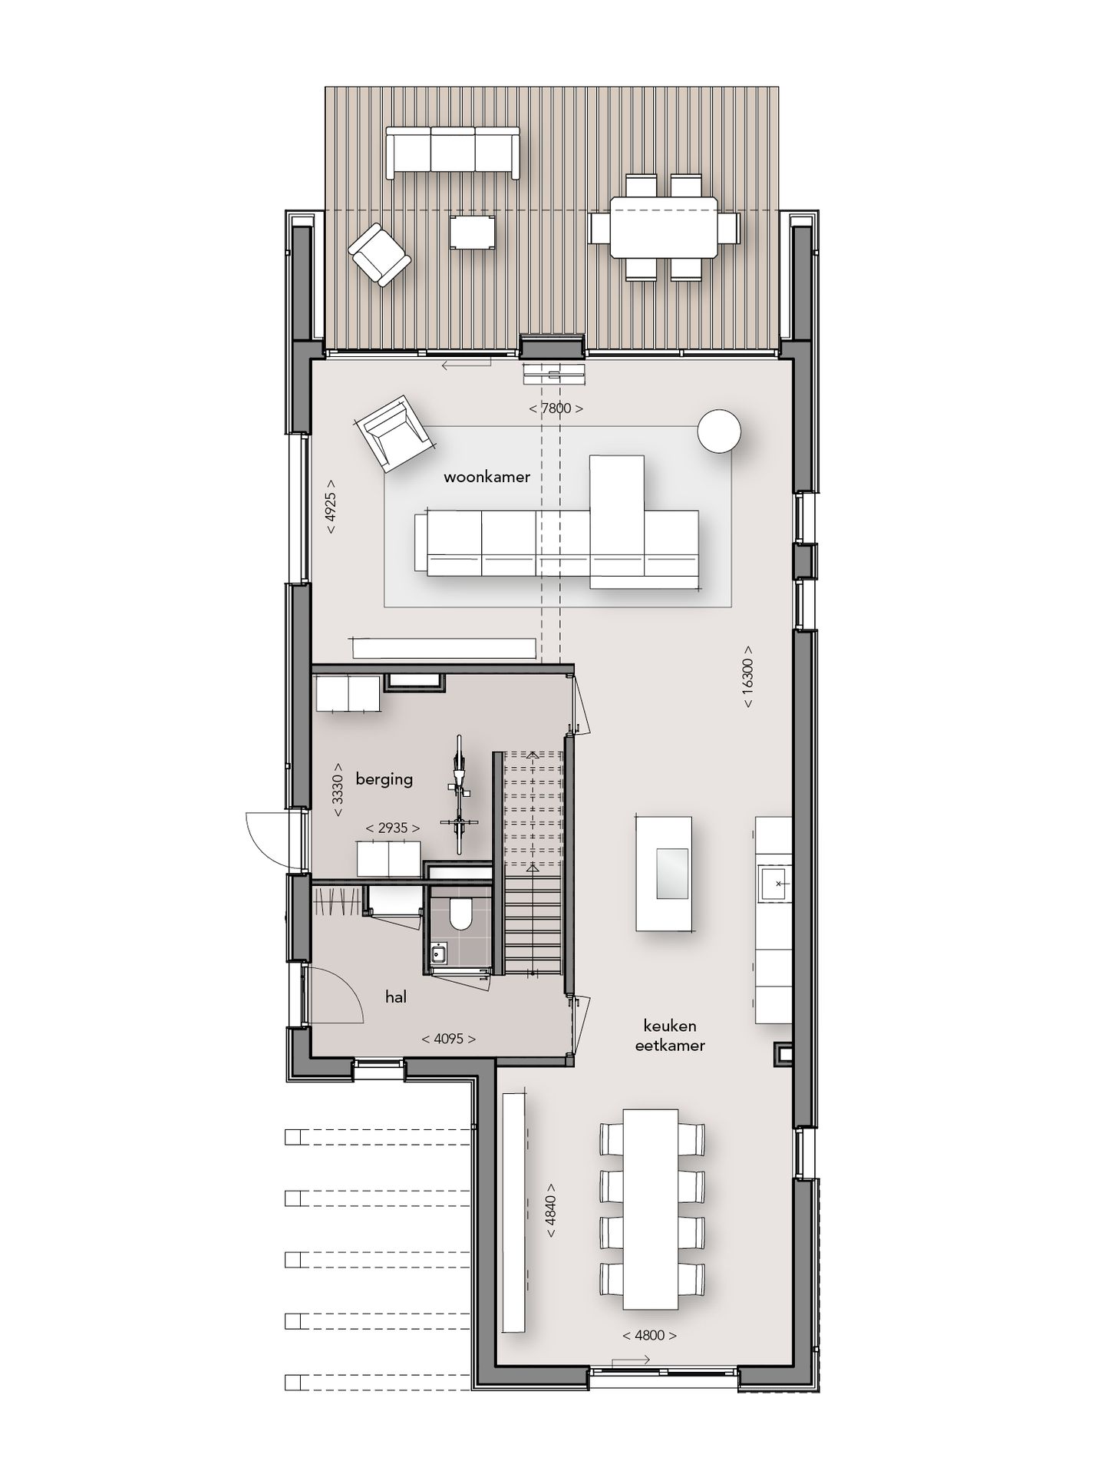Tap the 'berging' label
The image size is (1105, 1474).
384,779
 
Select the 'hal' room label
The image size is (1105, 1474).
396,997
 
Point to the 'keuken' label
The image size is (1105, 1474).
670,1026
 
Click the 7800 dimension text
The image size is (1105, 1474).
556,408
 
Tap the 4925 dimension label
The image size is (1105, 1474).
330,507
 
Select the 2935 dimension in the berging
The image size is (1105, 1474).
393,828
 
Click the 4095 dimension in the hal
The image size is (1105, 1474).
449,1039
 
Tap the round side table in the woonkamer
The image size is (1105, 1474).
719,431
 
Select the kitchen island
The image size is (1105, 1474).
663,874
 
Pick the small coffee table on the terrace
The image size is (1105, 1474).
473,232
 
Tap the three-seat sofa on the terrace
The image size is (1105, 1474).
452,151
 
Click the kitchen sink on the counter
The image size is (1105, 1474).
776,884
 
